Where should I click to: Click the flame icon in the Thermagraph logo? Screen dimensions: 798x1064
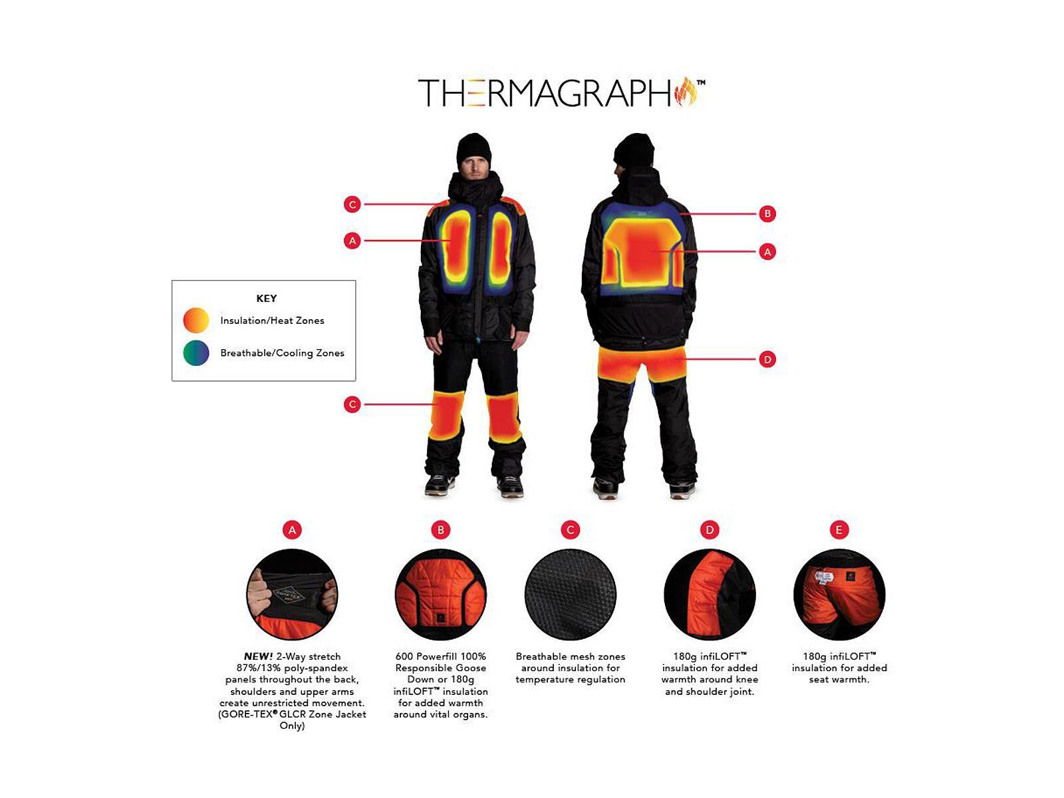(686, 92)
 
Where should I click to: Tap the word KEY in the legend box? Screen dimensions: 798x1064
(266, 299)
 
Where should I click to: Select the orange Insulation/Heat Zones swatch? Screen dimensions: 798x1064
(196, 321)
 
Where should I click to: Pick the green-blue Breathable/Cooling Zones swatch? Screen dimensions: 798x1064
(196, 353)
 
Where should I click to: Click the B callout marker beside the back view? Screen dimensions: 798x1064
(767, 213)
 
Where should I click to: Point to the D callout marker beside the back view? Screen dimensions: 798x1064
(767, 359)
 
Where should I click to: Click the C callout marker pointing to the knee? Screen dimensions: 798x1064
(352, 404)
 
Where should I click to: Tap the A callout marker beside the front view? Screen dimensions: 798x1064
(352, 241)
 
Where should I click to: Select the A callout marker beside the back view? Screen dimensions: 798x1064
(767, 251)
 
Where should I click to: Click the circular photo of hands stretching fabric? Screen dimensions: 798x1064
(292, 595)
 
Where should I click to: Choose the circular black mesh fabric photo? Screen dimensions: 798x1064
(570, 595)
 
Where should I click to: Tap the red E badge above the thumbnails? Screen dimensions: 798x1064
(839, 530)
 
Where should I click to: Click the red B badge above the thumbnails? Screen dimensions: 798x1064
(440, 530)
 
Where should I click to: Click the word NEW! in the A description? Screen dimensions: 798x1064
(258, 656)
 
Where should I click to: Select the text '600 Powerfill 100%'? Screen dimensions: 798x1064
(440, 656)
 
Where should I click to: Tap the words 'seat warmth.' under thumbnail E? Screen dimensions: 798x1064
(839, 680)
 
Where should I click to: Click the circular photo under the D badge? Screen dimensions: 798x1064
(710, 595)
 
